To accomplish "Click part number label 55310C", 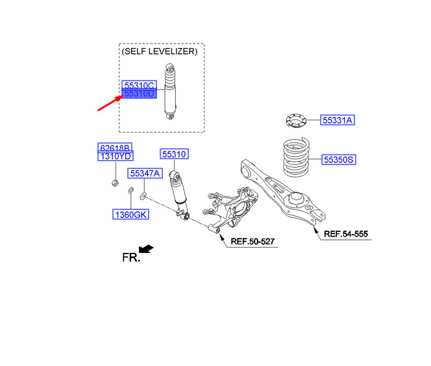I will [x=138, y=85].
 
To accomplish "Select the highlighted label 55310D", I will [x=138, y=94].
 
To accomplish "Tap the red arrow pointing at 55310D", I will [x=108, y=103].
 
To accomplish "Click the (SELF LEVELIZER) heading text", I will [x=160, y=51].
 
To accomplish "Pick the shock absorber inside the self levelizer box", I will [x=171, y=91].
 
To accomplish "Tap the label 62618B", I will [x=115, y=148].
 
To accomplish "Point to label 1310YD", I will [x=115, y=156].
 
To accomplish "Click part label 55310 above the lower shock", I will [x=174, y=154].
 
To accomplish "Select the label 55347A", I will [x=144, y=174].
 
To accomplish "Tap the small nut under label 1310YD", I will [x=114, y=181].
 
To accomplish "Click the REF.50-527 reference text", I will [x=252, y=242].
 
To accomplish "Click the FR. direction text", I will [x=130, y=257].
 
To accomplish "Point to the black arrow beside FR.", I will [x=147, y=249].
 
